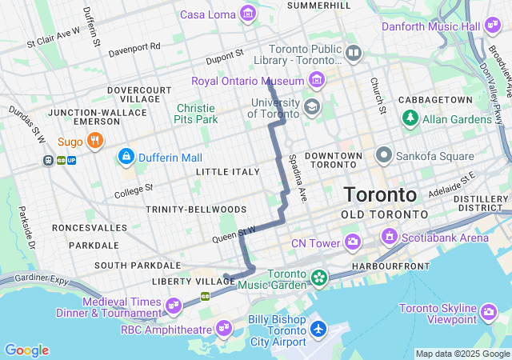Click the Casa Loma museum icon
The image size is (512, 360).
click(248, 14)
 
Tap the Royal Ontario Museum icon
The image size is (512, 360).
click(318, 81)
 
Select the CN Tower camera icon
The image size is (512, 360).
click(353, 241)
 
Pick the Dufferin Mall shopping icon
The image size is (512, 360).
click(125, 157)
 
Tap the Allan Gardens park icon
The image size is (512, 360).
click(410, 118)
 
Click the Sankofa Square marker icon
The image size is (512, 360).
click(384, 154)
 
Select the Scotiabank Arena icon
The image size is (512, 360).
click(390, 237)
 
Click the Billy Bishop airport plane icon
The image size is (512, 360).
click(319, 328)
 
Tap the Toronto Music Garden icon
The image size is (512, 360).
click(320, 278)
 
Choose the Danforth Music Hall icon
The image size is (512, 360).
click(493, 26)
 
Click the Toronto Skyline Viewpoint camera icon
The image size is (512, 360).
click(490, 310)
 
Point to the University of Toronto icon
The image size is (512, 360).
click(310, 106)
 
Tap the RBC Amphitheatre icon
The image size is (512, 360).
click(223, 328)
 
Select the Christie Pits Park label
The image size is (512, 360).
click(196, 114)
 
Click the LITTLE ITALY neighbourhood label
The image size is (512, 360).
click(228, 171)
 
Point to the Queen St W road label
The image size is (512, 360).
click(234, 234)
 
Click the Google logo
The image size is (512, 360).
click(26, 350)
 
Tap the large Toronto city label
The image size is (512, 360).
click(380, 194)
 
